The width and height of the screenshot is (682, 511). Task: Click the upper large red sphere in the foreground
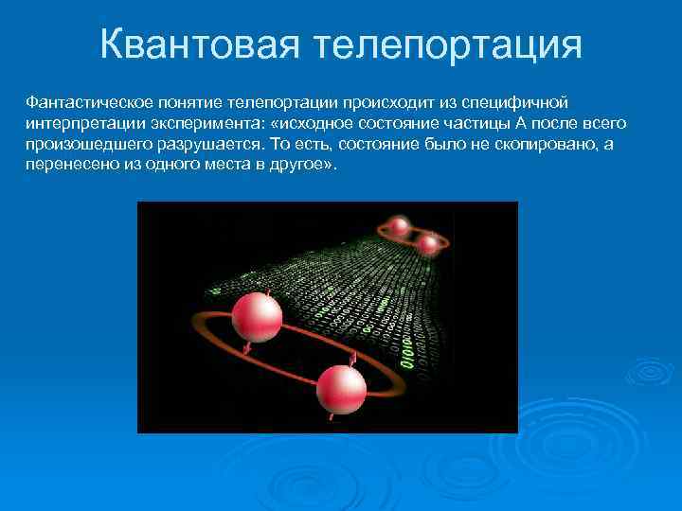(x=257, y=316)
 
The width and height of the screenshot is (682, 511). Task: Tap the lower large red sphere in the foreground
(x=341, y=388)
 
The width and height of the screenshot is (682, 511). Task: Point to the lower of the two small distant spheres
(x=429, y=244)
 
